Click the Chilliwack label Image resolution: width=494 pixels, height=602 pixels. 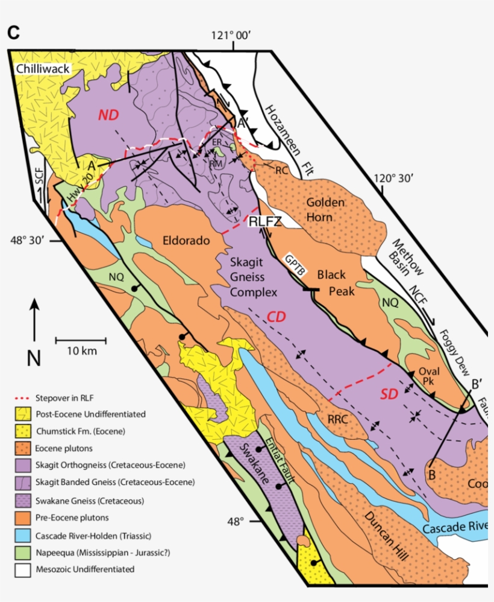44,69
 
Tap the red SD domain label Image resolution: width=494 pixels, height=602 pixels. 390,394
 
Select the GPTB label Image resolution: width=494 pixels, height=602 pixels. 296,267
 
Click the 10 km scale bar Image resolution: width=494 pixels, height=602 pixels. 81,341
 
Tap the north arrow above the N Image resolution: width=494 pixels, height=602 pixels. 34,323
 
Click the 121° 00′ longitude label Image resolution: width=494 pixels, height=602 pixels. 231,36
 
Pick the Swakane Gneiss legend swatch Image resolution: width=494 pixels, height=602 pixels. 25,501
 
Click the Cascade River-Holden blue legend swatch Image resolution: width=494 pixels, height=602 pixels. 25,534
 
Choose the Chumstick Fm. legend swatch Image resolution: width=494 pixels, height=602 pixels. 25,432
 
